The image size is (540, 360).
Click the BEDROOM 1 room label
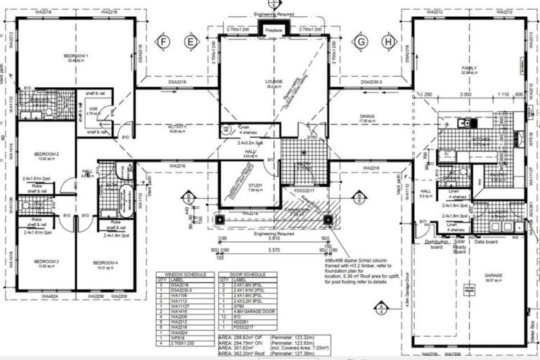[77, 55]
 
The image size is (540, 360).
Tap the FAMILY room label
[469, 68]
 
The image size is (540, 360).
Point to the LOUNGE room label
[274, 82]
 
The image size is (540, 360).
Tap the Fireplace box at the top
[274, 30]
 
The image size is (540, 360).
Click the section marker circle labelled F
[163, 42]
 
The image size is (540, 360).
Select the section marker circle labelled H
[386, 42]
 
